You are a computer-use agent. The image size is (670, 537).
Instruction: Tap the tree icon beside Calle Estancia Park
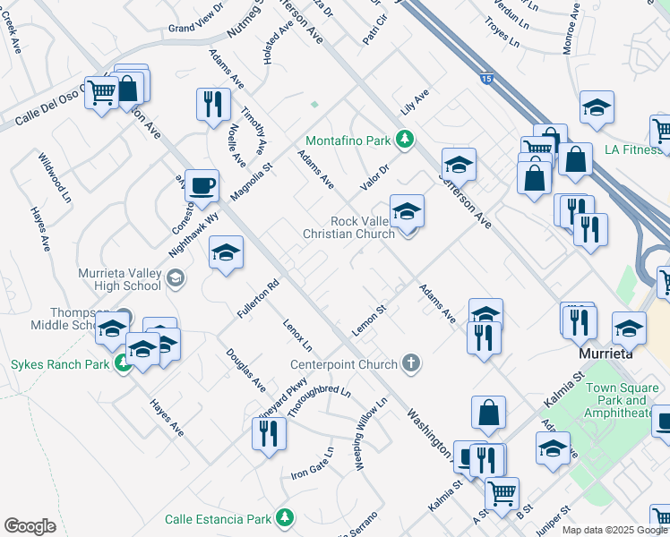coord(285,518)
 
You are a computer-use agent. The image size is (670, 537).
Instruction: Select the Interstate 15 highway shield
coord(485,78)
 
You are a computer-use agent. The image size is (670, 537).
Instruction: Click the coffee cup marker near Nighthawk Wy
coord(202,184)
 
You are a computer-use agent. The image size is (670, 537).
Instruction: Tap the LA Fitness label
coord(631,149)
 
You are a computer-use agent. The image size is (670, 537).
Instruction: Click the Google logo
coord(30,526)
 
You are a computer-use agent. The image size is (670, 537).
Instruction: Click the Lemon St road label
coord(368,320)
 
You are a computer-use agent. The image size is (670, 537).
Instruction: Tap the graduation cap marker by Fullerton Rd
coord(225,253)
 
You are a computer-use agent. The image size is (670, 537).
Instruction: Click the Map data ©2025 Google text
coord(614,530)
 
